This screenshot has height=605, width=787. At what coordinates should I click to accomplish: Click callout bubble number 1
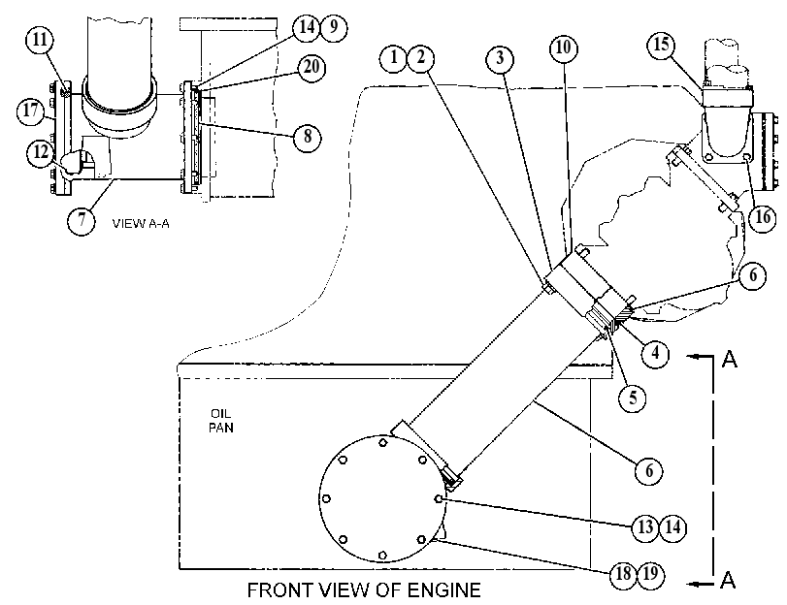[394, 58]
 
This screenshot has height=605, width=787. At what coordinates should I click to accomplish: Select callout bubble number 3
[500, 59]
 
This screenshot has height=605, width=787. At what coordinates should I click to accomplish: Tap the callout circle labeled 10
[564, 48]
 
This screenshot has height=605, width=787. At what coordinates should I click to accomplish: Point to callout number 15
[662, 45]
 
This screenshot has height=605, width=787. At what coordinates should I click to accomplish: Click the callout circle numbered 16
[763, 218]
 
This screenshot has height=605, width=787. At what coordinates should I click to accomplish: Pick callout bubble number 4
[655, 354]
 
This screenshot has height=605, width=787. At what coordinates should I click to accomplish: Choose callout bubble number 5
[633, 398]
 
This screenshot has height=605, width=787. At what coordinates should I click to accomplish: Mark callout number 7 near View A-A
[82, 220]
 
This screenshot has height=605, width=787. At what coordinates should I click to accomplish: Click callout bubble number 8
[308, 136]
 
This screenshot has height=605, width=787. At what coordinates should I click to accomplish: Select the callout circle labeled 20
[312, 67]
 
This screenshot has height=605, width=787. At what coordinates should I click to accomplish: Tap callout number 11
[40, 40]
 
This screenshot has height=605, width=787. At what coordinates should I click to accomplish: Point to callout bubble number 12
[42, 152]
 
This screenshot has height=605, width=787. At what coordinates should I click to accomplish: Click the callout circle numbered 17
[31, 111]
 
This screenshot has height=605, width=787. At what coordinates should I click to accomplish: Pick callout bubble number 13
[645, 527]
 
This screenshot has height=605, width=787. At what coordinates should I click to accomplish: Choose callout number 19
[650, 574]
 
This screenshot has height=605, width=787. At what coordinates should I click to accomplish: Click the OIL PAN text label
[221, 421]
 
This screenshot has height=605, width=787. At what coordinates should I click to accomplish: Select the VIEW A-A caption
[141, 224]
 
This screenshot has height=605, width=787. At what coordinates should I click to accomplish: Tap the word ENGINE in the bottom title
[443, 590]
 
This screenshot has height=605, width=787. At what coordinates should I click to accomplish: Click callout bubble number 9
[333, 26]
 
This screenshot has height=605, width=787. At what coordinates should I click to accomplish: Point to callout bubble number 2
[420, 58]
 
